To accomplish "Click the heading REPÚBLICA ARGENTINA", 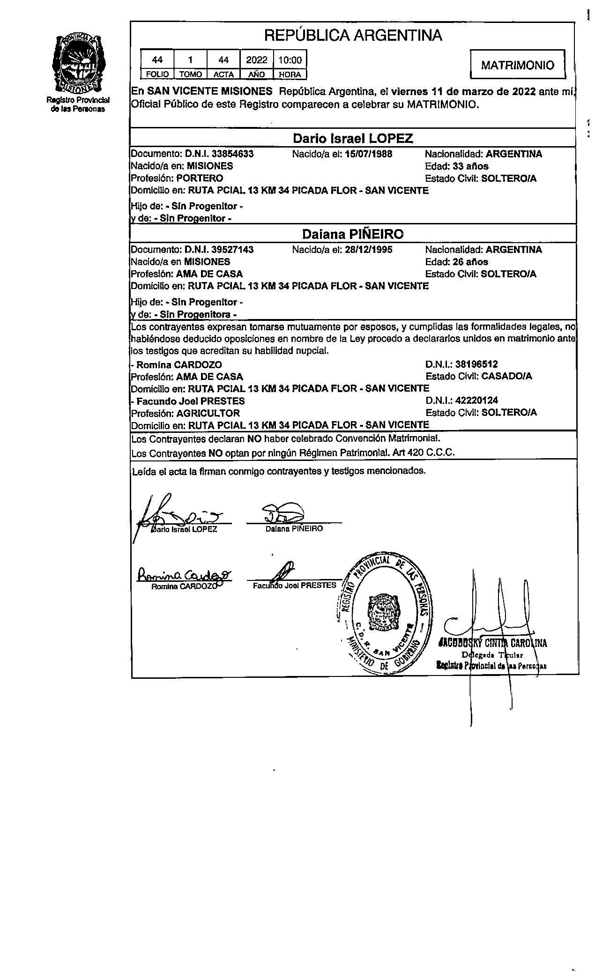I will tap(353, 35).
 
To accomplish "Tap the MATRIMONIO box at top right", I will tap(517, 65).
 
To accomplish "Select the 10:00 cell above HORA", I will tap(290, 60).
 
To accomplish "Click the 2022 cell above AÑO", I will tap(257, 60).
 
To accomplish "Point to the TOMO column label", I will tap(190, 74).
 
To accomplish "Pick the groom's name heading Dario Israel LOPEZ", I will tap(353, 139).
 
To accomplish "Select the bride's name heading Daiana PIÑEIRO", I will tap(353, 234).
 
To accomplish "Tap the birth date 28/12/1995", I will tap(368, 250).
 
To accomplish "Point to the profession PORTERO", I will tap(200, 178).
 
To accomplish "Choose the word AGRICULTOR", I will tap(208, 413).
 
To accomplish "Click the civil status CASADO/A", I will tap(506, 376).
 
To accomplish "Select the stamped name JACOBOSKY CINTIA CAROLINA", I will tap(492, 643).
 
